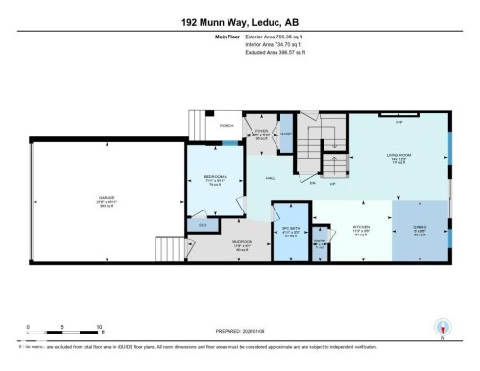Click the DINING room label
coord(420,228)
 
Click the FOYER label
coord(260,129)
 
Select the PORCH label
coord(227,124)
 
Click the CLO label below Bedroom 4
coord(202,225)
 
